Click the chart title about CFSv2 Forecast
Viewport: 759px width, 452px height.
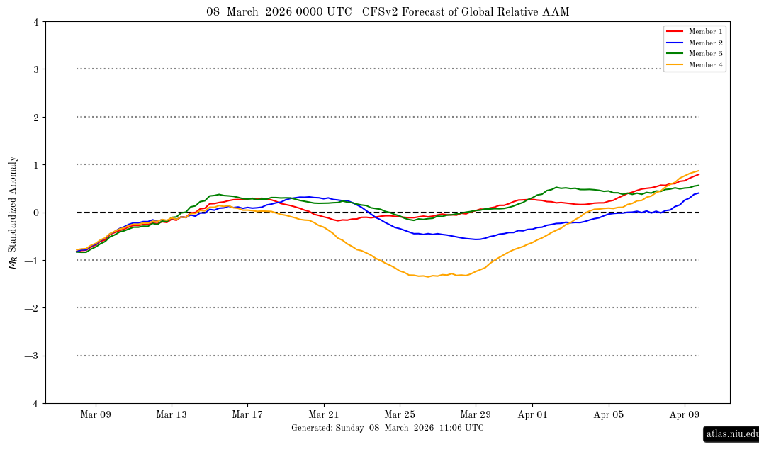click(388, 12)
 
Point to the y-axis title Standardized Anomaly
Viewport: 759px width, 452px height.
click(12, 213)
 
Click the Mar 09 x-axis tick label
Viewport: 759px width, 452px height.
click(96, 415)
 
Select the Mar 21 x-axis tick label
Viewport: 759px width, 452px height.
click(324, 415)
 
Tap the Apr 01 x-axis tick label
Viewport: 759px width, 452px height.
click(532, 415)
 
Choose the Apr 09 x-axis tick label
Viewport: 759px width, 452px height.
click(685, 415)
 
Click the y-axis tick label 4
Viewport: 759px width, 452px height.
click(35, 22)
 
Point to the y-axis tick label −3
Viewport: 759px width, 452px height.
click(33, 356)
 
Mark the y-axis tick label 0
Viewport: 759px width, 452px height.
click(35, 213)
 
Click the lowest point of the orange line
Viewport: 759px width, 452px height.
click(428, 276)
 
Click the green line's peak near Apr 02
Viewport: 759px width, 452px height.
click(558, 188)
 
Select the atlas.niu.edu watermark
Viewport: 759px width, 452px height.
click(731, 434)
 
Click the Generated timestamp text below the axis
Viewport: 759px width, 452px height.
click(388, 428)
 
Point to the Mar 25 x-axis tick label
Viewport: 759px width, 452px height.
click(400, 415)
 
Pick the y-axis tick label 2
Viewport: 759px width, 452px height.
click(35, 117)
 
